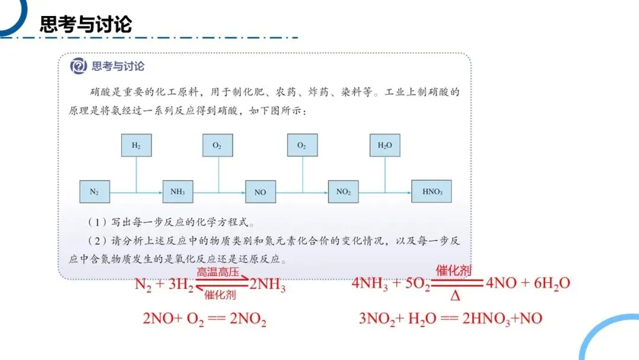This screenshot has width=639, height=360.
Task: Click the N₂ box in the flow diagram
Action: click(x=95, y=192)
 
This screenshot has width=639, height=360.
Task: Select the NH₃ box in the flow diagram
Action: click(x=177, y=192)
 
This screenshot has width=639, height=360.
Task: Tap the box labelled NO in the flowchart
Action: click(x=260, y=192)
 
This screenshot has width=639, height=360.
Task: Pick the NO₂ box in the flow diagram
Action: click(x=344, y=192)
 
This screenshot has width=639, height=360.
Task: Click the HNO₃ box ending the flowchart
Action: click(x=431, y=192)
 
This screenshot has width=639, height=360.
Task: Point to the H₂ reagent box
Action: click(x=136, y=145)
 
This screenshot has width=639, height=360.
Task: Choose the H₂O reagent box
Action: click(x=385, y=145)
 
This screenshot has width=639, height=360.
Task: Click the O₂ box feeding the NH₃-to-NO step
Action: click(x=217, y=145)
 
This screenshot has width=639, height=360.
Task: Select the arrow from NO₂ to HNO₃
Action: click(x=385, y=192)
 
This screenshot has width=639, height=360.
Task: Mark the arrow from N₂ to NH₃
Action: click(x=136, y=192)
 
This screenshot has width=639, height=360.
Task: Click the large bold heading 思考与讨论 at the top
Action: click(x=86, y=24)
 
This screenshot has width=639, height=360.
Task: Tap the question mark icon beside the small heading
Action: click(x=79, y=66)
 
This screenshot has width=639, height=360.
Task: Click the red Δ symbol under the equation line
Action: click(x=455, y=294)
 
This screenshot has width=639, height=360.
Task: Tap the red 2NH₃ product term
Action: click(x=267, y=286)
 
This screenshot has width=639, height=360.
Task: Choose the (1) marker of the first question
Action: click(x=96, y=223)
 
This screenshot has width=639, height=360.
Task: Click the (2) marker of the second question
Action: click(x=96, y=241)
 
